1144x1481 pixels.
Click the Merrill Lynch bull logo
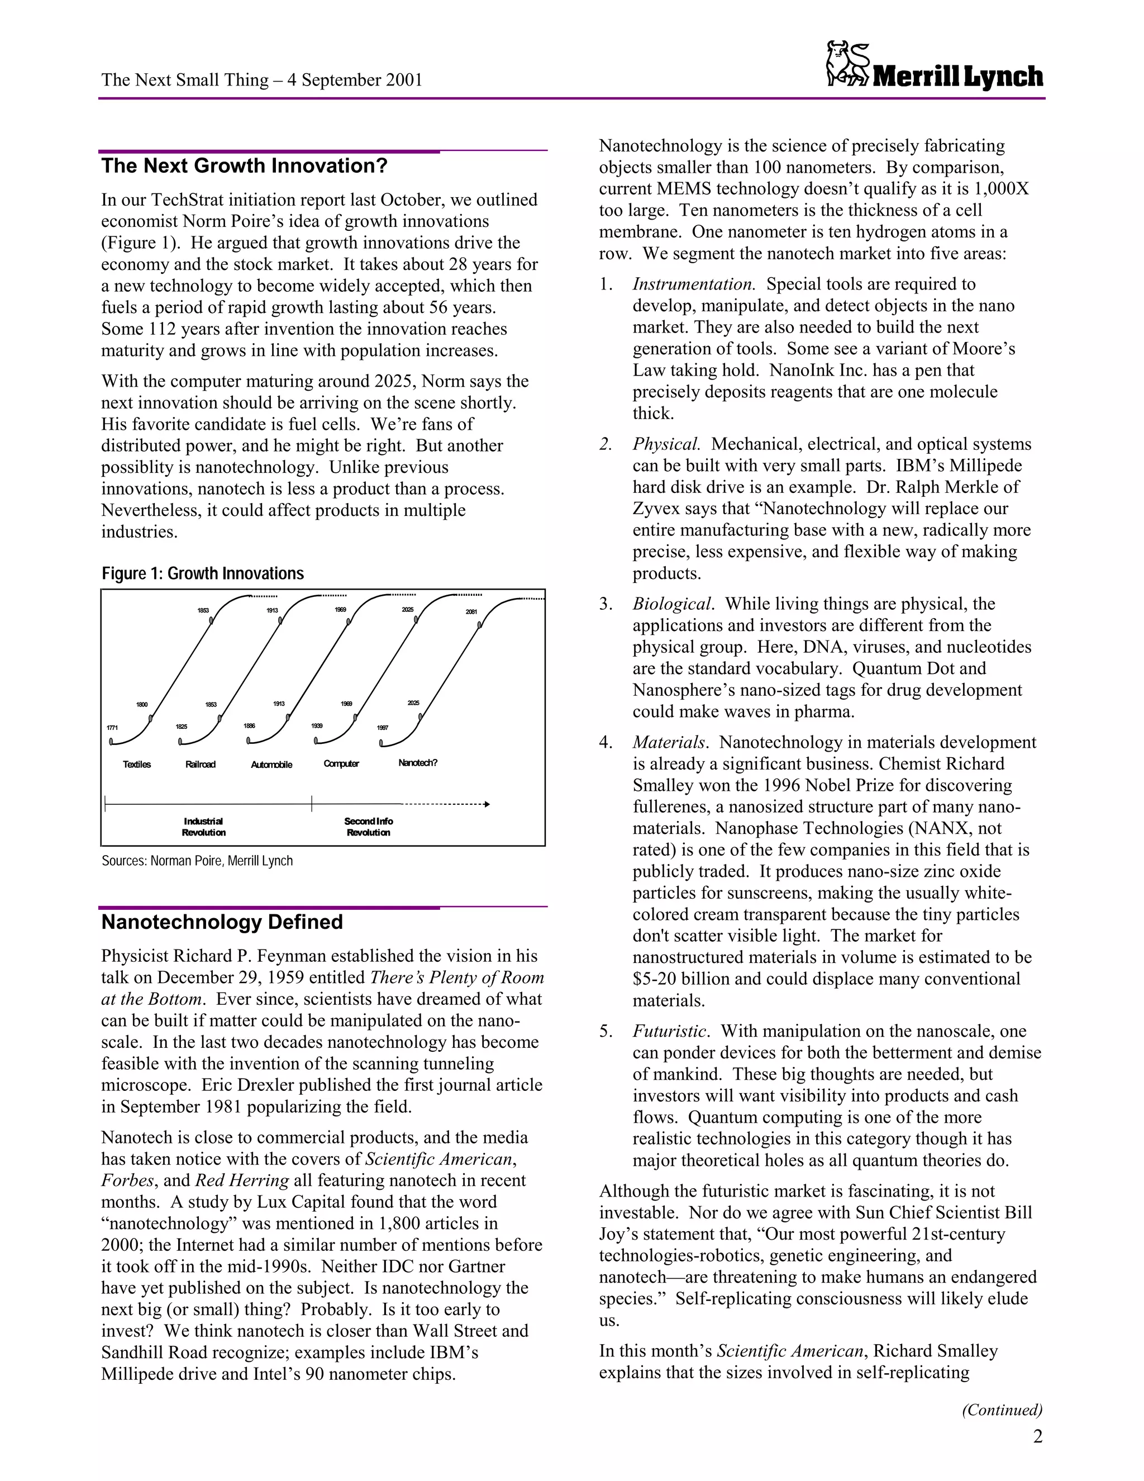tap(848, 64)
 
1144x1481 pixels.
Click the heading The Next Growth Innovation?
tap(244, 166)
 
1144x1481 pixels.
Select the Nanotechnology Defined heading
tap(222, 922)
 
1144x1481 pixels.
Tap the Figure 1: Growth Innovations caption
tap(203, 574)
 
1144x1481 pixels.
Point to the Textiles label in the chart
tap(137, 764)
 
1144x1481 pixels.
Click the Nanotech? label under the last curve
tap(417, 763)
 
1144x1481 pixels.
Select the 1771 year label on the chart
tap(112, 728)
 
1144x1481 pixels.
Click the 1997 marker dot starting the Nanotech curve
tap(382, 743)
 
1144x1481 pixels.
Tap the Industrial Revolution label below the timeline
tap(203, 827)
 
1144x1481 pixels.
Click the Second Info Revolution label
tap(368, 827)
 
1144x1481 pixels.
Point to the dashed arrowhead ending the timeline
tap(487, 804)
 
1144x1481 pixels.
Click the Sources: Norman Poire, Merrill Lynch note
tap(197, 861)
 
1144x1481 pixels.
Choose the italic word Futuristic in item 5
tap(670, 1032)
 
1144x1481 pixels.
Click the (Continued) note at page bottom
tap(1002, 1410)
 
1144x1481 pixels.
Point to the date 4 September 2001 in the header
tap(355, 80)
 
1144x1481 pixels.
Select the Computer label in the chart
tap(341, 763)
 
